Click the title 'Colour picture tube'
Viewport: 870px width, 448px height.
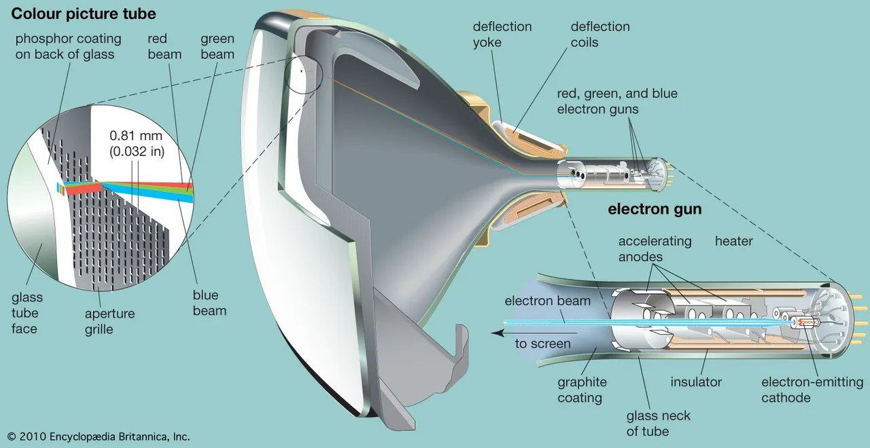84,14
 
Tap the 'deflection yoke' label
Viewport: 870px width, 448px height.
502,35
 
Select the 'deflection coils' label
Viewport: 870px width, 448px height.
600,35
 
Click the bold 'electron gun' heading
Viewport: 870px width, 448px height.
655,209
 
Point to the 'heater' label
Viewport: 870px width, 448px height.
733,241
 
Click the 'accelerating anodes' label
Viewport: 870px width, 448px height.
655,249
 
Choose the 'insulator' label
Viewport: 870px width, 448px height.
696,382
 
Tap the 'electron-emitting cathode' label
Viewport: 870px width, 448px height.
812,390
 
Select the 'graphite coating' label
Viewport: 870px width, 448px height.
582,390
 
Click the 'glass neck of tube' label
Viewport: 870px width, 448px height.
659,424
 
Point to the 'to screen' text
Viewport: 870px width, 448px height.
542,343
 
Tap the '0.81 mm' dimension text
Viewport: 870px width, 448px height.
136,135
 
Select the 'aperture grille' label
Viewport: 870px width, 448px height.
109,322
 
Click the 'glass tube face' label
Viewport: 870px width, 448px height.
27,313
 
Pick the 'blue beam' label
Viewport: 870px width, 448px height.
209,303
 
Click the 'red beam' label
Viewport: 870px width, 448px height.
164,47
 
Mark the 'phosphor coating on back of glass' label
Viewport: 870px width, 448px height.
69,47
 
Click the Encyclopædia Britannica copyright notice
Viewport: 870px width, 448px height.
99,436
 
